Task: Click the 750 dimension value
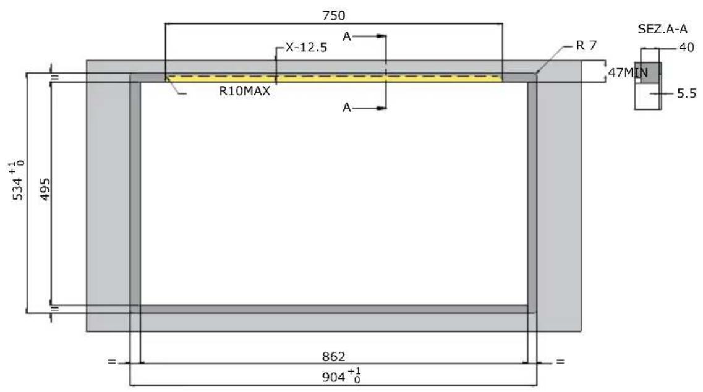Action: (333, 15)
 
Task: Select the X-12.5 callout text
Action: (306, 47)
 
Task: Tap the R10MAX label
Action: (245, 91)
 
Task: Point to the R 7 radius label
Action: (586, 45)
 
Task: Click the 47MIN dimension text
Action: (628, 72)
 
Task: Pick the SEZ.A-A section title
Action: (663, 29)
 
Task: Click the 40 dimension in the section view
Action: (686, 47)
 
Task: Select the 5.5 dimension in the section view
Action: (686, 93)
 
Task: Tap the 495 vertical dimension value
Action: (45, 189)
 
